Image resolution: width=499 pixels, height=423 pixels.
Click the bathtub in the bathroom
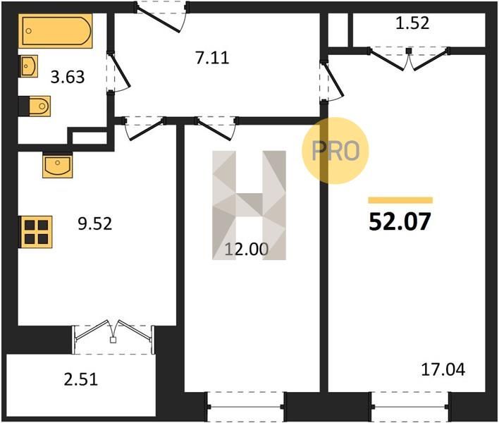pyautogui.click(x=56, y=31)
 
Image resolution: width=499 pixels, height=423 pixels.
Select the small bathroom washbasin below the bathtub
pyautogui.click(x=30, y=66)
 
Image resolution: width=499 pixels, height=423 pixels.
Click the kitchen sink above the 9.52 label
pyautogui.click(x=58, y=165)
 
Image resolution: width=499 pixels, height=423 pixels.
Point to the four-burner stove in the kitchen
pyautogui.click(x=36, y=232)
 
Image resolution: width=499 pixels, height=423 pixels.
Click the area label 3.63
pyautogui.click(x=68, y=78)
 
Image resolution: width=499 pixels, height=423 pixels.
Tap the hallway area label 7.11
pyautogui.click(x=212, y=59)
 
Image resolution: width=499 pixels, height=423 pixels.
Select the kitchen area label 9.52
pyautogui.click(x=95, y=223)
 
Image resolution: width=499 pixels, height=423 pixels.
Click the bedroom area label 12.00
pyautogui.click(x=247, y=249)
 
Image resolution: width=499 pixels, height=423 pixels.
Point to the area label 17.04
pyautogui.click(x=443, y=370)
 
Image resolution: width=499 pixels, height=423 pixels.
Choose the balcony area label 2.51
pyautogui.click(x=81, y=380)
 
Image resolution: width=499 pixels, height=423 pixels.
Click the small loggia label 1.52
pyautogui.click(x=412, y=23)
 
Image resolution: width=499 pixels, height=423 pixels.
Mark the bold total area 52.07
pyautogui.click(x=400, y=221)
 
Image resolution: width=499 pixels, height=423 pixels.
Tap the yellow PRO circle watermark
pyautogui.click(x=335, y=151)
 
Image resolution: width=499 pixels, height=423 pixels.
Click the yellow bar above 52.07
pyautogui.click(x=400, y=200)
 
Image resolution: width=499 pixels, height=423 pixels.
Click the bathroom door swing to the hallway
pyautogui.click(x=118, y=72)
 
